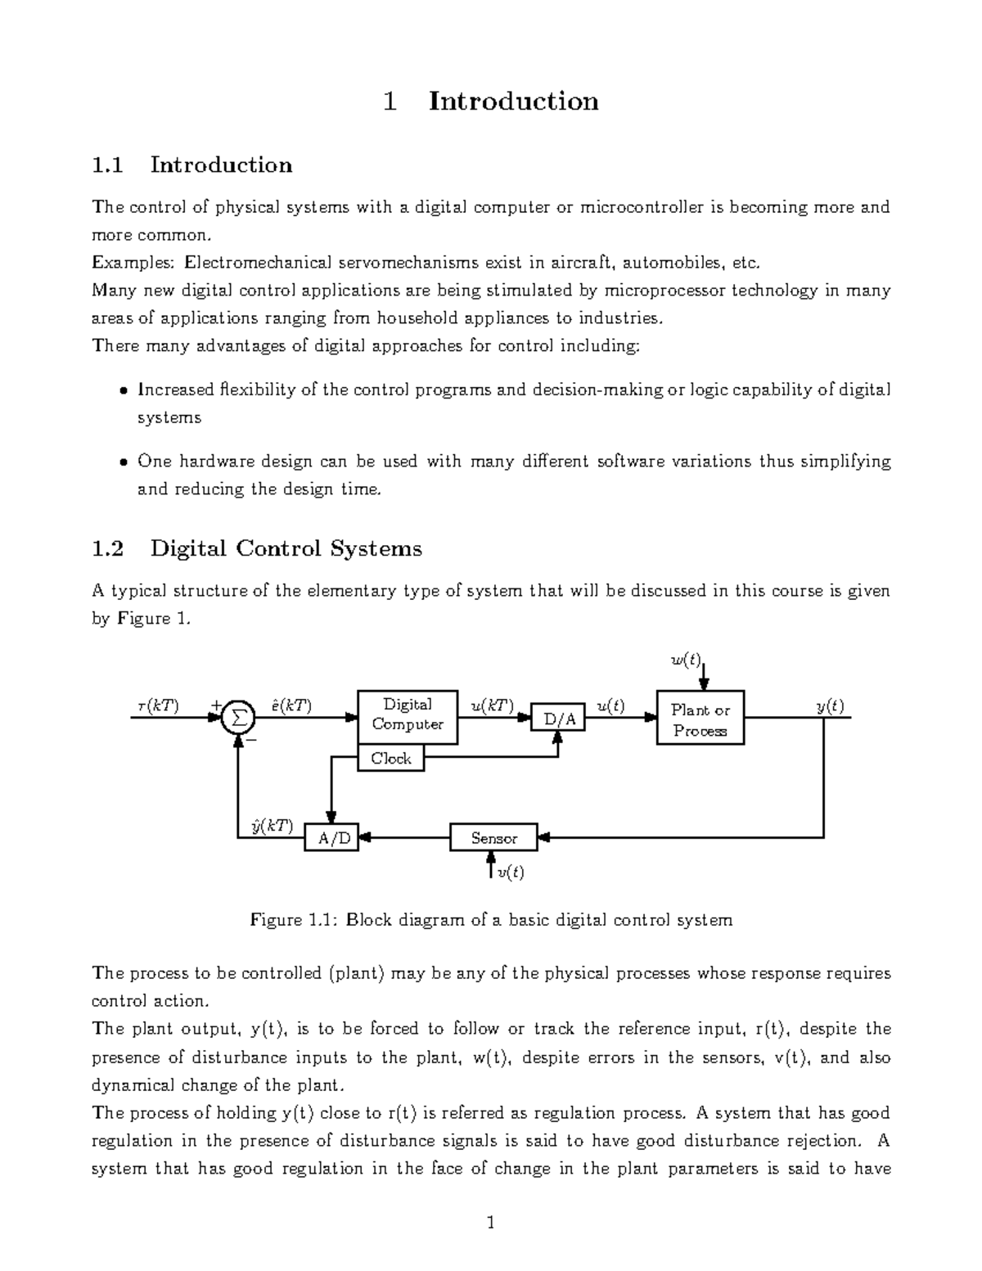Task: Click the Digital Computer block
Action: pos(408,715)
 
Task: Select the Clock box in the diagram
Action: pos(391,759)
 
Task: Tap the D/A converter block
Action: pos(560,719)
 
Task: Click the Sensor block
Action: pos(493,838)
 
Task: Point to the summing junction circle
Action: pos(238,718)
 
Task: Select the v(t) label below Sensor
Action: pos(511,872)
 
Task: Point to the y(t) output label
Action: pos(830,705)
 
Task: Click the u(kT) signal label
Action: pos(492,705)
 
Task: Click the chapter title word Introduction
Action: pos(514,101)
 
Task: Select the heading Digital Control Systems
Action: pos(286,548)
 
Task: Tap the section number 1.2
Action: pos(108,548)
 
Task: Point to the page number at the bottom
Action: pos(491,1224)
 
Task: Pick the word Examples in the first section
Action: pos(133,263)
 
